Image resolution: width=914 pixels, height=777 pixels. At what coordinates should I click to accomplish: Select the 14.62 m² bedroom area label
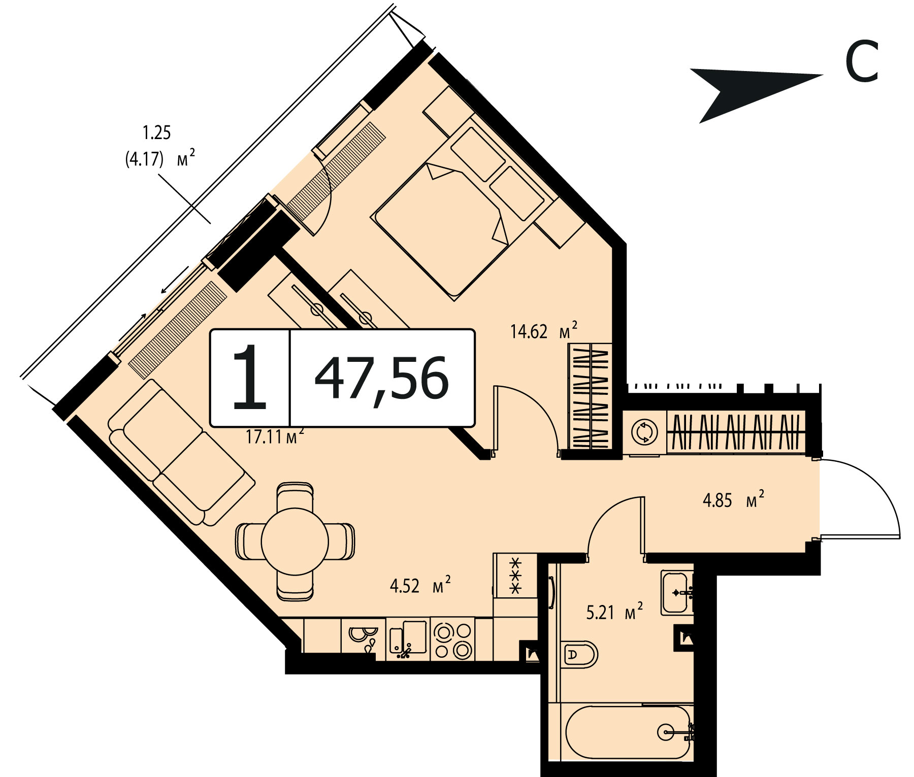click(x=543, y=330)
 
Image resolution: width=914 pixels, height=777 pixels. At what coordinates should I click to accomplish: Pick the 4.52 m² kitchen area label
click(x=420, y=585)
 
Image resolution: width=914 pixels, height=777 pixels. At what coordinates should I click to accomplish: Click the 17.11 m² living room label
click(x=274, y=435)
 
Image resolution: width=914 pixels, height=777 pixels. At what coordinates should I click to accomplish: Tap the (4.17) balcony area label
click(x=145, y=159)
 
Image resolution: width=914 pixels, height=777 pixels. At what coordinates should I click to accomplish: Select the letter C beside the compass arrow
click(x=862, y=62)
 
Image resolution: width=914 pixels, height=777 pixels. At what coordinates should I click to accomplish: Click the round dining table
click(x=295, y=542)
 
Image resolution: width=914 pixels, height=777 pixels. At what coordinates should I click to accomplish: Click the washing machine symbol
click(x=644, y=432)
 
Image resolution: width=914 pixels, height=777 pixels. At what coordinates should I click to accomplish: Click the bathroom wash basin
click(x=677, y=593)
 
